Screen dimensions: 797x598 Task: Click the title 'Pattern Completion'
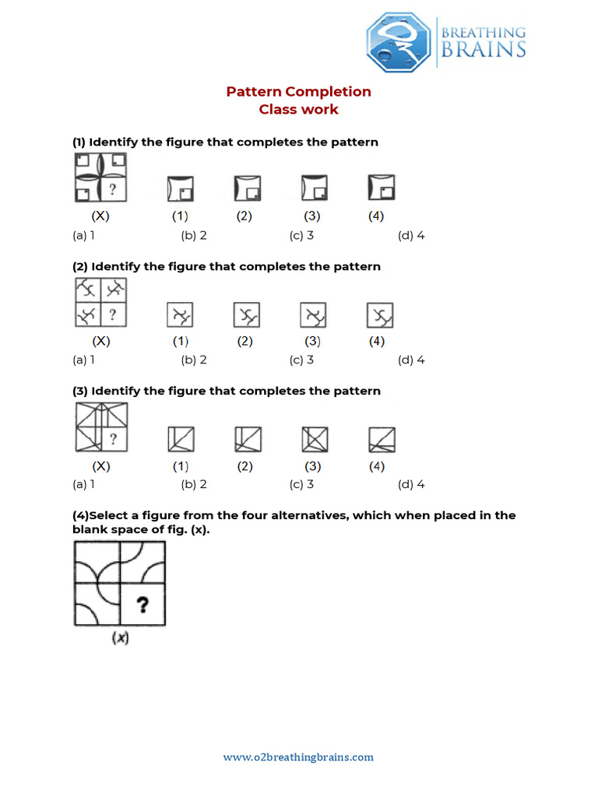pyautogui.click(x=299, y=92)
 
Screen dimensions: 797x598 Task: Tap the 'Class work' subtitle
pyautogui.click(x=299, y=110)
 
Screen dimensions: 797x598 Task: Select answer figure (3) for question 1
pyautogui.click(x=314, y=188)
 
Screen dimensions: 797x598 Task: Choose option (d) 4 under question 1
pyautogui.click(x=411, y=236)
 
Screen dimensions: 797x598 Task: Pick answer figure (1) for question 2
pyautogui.click(x=180, y=315)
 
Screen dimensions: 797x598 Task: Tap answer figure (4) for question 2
pyautogui.click(x=380, y=315)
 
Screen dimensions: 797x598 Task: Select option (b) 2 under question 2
pyautogui.click(x=194, y=360)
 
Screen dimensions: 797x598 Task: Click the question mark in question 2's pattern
pyautogui.click(x=113, y=314)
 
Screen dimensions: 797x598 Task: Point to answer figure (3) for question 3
pyautogui.click(x=314, y=441)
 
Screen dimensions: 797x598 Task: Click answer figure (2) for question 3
pyautogui.click(x=247, y=441)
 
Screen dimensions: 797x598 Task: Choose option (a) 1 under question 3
pyautogui.click(x=83, y=485)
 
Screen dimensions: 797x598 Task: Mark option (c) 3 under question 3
pyautogui.click(x=301, y=485)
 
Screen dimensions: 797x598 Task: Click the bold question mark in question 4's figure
pyautogui.click(x=142, y=605)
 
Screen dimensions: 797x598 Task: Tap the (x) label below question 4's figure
pyautogui.click(x=120, y=638)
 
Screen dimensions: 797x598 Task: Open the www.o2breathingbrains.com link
pyautogui.click(x=299, y=757)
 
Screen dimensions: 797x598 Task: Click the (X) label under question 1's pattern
pyautogui.click(x=101, y=216)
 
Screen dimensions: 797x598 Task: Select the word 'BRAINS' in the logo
pyautogui.click(x=483, y=50)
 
